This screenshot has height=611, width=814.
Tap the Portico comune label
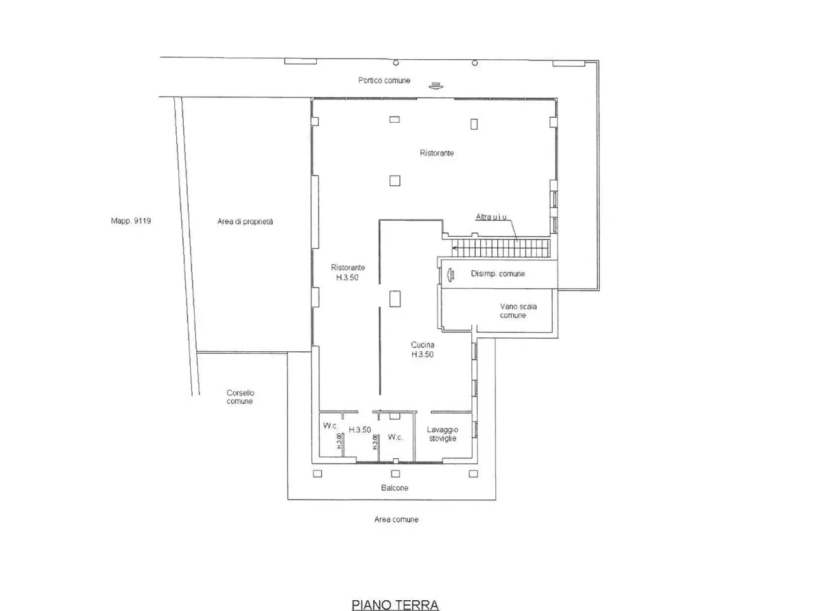pyautogui.click(x=384, y=80)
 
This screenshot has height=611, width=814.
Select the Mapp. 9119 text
pyautogui.click(x=131, y=221)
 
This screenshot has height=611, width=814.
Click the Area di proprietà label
pyautogui.click(x=245, y=221)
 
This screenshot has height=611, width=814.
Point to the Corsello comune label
pyautogui.click(x=240, y=397)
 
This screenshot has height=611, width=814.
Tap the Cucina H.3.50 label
pyautogui.click(x=422, y=349)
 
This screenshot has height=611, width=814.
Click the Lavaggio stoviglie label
pyautogui.click(x=443, y=434)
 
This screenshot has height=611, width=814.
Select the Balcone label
pyautogui.click(x=394, y=488)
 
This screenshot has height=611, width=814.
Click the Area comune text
pyautogui.click(x=396, y=519)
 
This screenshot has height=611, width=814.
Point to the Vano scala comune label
pyautogui.click(x=518, y=311)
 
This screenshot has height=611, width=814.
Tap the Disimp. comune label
pyautogui.click(x=498, y=274)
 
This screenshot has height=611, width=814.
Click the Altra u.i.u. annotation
pyautogui.click(x=492, y=217)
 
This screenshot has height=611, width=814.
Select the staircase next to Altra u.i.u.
pyautogui.click(x=500, y=248)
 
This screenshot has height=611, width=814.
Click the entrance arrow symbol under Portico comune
pyautogui.click(x=436, y=86)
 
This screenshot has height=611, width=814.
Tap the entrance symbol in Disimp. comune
pyautogui.click(x=451, y=274)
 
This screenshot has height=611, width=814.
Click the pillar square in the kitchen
pyautogui.click(x=395, y=298)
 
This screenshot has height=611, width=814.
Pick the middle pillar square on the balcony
pyautogui.click(x=396, y=474)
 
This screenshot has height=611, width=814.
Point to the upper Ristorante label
pyautogui.click(x=436, y=153)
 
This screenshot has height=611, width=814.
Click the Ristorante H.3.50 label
pyautogui.click(x=348, y=272)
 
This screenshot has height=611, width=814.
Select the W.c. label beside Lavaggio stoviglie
pyautogui.click(x=396, y=437)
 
